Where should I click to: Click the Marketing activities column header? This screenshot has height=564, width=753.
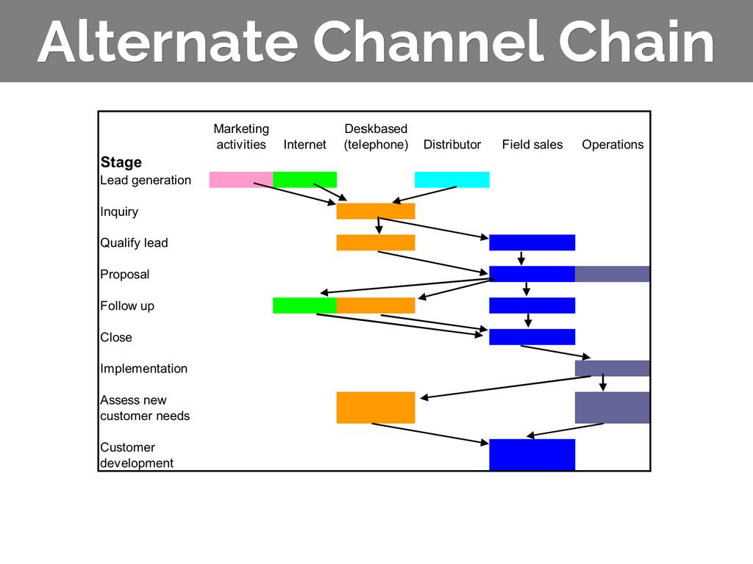click(241, 137)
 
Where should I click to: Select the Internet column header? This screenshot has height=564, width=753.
click(304, 145)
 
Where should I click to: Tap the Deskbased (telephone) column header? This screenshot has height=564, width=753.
click(376, 137)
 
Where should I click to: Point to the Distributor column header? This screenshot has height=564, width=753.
click(452, 145)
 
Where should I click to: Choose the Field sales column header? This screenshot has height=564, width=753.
click(532, 145)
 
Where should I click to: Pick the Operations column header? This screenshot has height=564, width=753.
click(613, 145)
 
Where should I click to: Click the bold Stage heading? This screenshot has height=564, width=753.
click(121, 162)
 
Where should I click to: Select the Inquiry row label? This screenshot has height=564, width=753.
click(119, 211)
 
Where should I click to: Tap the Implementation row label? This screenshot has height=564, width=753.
click(143, 369)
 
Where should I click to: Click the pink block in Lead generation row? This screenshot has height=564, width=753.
click(240, 179)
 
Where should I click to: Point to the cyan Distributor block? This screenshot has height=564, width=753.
click(452, 179)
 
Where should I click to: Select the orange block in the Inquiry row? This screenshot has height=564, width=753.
click(376, 211)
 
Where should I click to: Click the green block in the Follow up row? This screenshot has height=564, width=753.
click(304, 305)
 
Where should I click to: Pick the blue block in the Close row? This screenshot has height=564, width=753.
click(532, 337)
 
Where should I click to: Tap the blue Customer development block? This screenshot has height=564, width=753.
click(532, 455)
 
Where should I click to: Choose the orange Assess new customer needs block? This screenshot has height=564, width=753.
click(376, 408)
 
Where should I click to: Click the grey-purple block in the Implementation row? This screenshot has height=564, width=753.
click(613, 368)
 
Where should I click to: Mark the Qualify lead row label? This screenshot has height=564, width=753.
click(134, 243)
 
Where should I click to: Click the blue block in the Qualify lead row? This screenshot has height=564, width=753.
click(532, 242)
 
